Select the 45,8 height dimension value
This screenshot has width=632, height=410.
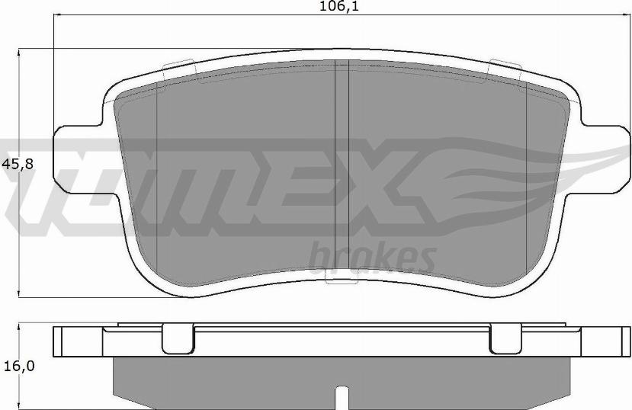[x=18, y=164]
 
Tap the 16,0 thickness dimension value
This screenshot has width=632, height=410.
[x=18, y=367]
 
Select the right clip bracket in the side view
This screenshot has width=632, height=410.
[x=503, y=339]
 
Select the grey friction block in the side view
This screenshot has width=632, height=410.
[x=229, y=381]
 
